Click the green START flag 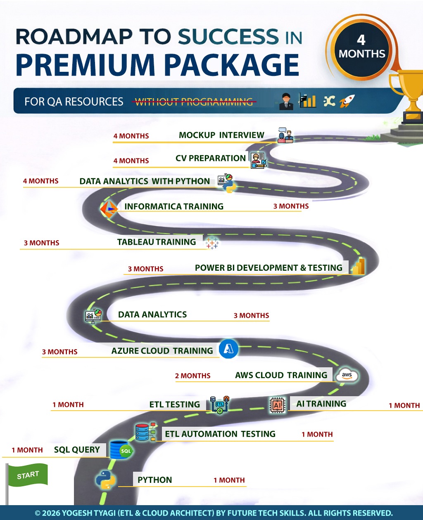coord(28,475)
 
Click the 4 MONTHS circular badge coord(361,47)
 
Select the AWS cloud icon coord(347,375)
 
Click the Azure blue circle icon coord(228,349)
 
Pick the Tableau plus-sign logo coord(212,243)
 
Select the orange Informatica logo coord(109,208)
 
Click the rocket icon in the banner coord(347,101)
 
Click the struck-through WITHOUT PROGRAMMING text coord(194,102)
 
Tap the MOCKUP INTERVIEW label coord(221,135)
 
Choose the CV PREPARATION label coord(211,158)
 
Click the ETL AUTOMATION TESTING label coord(220,434)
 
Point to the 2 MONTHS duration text coord(192,376)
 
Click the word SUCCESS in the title coord(223,37)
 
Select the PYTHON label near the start coord(154,480)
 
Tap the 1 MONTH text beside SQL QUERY coord(27,450)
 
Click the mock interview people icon coord(285,136)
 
